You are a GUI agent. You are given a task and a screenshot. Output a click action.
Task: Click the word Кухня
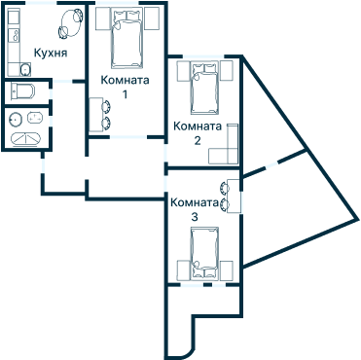(x=50, y=53)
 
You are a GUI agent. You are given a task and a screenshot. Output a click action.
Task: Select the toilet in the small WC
(x=21, y=91)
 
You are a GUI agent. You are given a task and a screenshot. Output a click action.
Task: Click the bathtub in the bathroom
(x=25, y=138)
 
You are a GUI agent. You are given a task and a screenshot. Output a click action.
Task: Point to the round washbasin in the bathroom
(x=16, y=119)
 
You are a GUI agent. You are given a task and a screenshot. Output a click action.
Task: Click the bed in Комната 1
(x=125, y=36)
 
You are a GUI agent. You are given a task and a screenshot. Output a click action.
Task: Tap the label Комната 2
(x=198, y=132)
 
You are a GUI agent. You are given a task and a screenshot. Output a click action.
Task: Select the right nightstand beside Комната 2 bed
(x=227, y=72)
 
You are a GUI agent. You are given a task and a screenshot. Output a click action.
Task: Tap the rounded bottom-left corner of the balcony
(x=174, y=346)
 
